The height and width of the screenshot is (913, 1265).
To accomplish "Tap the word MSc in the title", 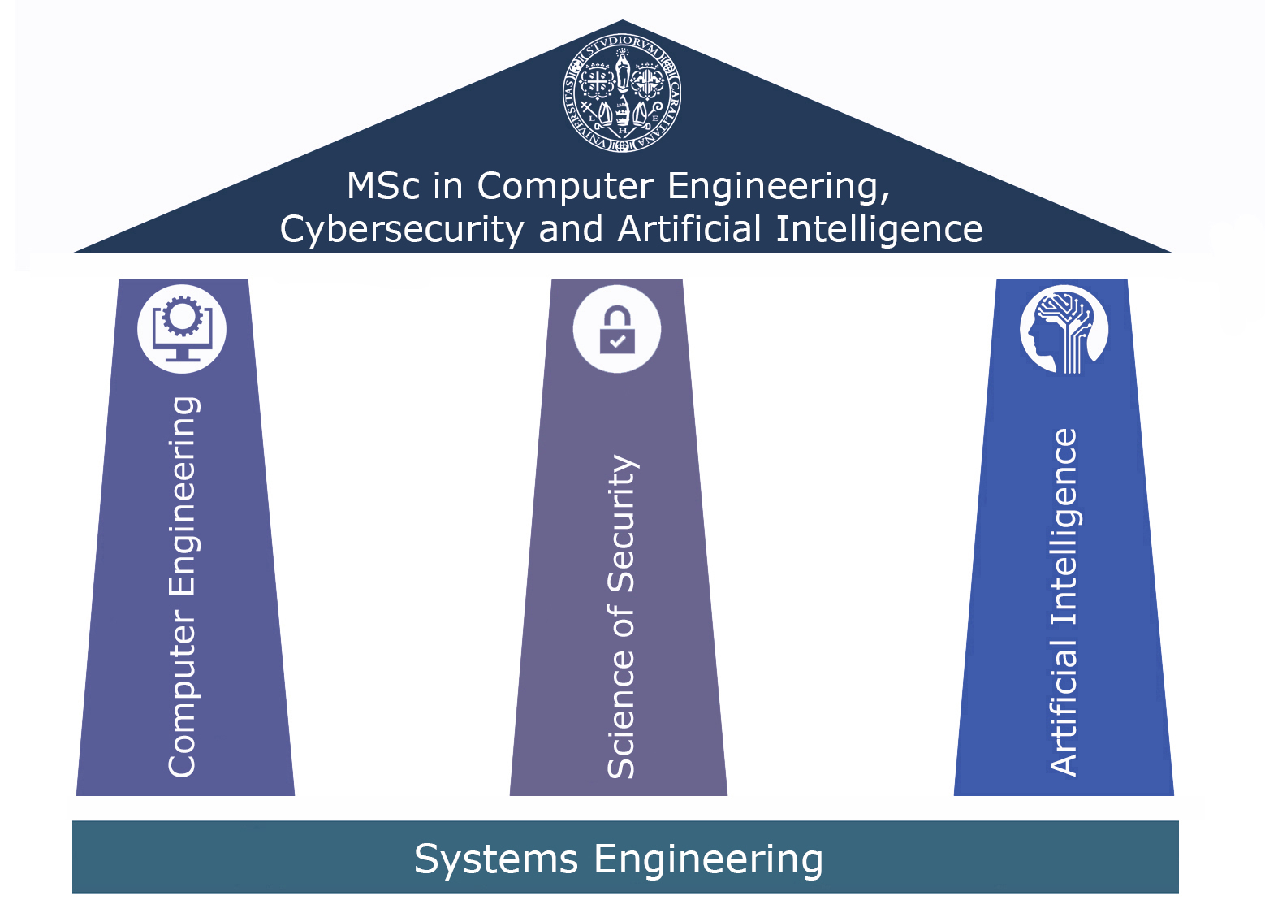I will [x=383, y=186].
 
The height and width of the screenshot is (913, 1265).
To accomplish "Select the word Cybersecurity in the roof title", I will [x=402, y=230].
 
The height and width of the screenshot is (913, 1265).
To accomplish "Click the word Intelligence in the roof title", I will [x=879, y=230].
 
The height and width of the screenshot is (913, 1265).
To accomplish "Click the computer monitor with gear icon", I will [x=182, y=329].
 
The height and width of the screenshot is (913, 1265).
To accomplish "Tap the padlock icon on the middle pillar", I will [x=617, y=329].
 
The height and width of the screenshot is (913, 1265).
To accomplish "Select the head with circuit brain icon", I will [x=1064, y=329].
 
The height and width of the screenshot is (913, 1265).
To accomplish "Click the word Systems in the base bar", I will [x=496, y=859].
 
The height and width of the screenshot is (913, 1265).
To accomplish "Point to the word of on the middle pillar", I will [x=621, y=621].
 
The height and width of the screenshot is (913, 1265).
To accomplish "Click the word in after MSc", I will [x=447, y=186].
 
